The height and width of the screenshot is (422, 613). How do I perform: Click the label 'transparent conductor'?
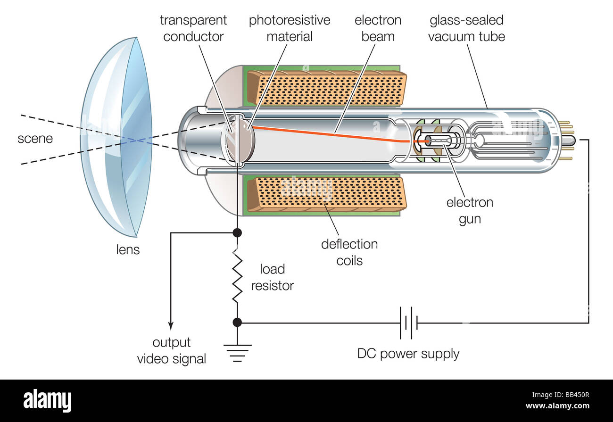point(193,28)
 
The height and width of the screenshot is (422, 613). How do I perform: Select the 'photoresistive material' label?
point(290,28)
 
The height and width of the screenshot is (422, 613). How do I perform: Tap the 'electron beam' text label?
point(378,28)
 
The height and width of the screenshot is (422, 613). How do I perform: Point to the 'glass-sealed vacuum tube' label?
point(466,28)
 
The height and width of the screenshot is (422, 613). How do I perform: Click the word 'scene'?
point(35,139)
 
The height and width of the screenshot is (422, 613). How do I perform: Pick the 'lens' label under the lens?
point(128,249)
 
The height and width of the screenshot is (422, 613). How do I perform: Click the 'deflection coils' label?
point(349,252)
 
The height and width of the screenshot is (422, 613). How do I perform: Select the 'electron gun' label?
point(470,211)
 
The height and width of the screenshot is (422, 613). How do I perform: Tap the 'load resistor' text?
point(272,277)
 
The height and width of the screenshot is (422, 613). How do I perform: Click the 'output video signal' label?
point(172,351)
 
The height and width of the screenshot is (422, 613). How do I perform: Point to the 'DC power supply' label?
point(408,354)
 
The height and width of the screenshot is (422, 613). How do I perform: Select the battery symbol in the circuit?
point(408,323)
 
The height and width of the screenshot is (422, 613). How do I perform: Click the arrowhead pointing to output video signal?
point(171,326)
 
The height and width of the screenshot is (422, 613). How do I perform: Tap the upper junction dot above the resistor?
point(237,232)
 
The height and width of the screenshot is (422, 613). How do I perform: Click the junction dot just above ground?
point(237,323)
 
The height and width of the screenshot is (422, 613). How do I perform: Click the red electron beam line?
point(330,134)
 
